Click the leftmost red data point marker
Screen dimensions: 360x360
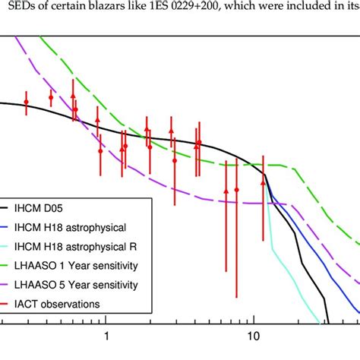tap(26, 102)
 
